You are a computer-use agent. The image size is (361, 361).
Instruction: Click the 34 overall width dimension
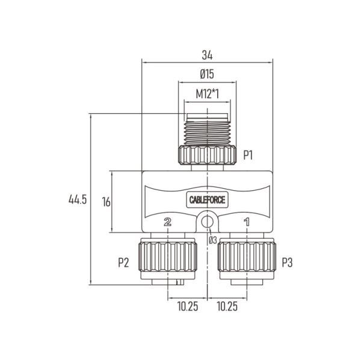(207, 55)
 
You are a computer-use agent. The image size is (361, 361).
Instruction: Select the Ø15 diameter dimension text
(207, 74)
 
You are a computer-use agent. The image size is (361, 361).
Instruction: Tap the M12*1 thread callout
(207, 94)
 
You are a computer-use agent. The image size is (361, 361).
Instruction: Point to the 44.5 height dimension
(78, 199)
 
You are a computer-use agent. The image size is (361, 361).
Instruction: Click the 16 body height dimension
(106, 202)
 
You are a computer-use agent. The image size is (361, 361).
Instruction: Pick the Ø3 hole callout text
(213, 240)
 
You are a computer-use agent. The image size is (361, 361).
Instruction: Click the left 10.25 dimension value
(188, 306)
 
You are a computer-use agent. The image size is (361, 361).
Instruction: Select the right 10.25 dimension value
(227, 306)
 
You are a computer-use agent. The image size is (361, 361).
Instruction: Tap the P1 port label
(248, 155)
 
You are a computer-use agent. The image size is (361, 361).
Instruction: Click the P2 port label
(123, 262)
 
